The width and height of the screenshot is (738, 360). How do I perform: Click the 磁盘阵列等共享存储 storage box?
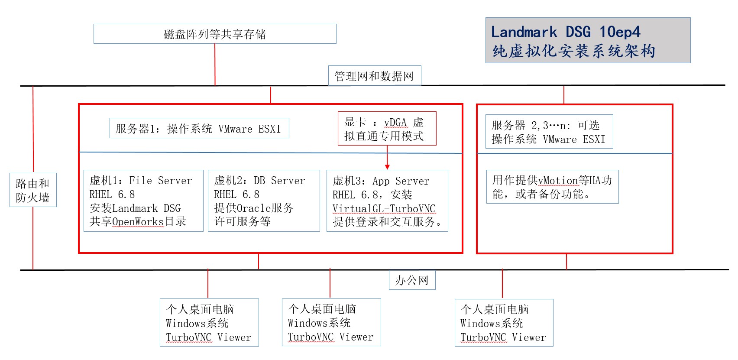click(x=215, y=34)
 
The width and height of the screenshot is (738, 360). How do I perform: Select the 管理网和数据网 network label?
click(x=374, y=76)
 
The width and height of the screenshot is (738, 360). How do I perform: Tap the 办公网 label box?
click(x=412, y=280)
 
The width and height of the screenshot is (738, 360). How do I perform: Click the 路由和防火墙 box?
click(x=33, y=190)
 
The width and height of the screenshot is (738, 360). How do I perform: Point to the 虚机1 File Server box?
click(x=143, y=201)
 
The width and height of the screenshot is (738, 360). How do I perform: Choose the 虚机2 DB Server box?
click(x=264, y=201)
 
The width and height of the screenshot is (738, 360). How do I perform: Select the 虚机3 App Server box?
click(x=387, y=201)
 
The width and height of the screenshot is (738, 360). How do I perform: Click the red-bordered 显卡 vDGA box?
click(x=387, y=129)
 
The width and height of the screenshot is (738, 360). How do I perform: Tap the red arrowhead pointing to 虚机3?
click(x=387, y=167)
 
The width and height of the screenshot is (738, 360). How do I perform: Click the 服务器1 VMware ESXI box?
click(x=199, y=128)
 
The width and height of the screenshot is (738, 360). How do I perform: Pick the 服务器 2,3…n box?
click(x=549, y=132)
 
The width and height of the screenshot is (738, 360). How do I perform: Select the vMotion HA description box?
click(x=552, y=187)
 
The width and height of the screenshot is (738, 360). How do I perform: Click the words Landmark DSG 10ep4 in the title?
click(x=566, y=32)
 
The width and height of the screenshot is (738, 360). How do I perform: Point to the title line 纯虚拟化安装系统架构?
click(x=573, y=51)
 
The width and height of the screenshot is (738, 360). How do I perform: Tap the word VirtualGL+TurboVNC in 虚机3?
click(x=384, y=209)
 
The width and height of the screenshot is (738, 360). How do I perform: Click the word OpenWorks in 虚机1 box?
click(x=138, y=222)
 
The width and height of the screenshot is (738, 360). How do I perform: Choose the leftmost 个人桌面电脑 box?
click(x=209, y=322)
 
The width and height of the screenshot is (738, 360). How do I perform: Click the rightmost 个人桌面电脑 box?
click(x=504, y=323)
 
